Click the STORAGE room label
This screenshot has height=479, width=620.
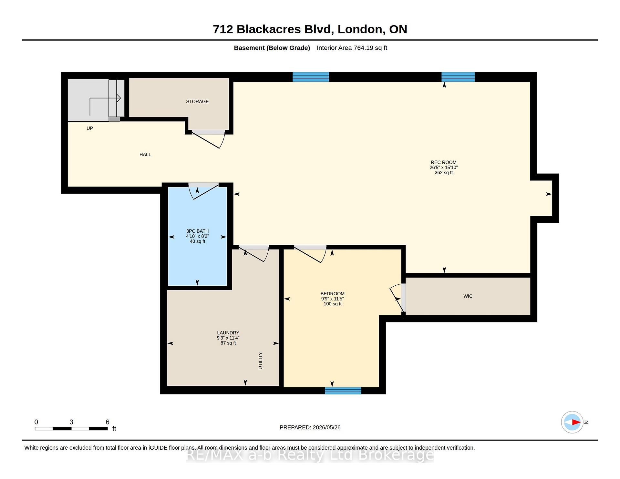tap(197, 102)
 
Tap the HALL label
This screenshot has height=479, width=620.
tap(145, 155)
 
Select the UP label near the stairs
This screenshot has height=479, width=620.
tap(90, 128)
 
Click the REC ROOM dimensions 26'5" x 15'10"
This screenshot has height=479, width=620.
tap(444, 168)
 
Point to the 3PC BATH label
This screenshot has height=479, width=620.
tap(197, 231)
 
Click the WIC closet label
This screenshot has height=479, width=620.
tap(468, 296)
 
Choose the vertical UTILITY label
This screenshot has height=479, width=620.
tap(260, 361)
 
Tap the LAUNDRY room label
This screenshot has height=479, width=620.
tap(228, 333)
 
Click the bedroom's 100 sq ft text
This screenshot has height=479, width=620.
tap(333, 304)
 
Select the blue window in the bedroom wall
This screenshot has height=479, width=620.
tap(343, 391)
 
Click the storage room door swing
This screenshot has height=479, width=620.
tap(208, 139)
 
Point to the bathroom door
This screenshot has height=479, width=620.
tap(204, 191)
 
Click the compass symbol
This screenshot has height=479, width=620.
tap(572, 422)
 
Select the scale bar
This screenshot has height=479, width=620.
tap(71, 429)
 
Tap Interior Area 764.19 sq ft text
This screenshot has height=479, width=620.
tap(352, 48)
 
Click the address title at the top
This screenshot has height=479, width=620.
tap(310, 29)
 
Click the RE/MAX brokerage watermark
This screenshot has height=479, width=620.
tap(310, 455)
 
